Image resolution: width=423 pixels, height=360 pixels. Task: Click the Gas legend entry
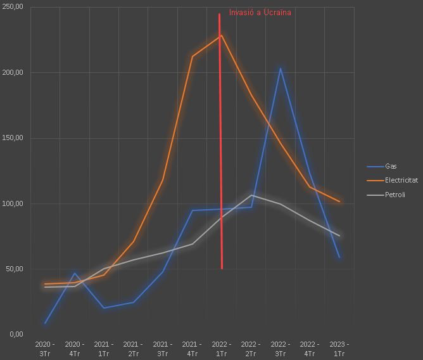pos(391,166)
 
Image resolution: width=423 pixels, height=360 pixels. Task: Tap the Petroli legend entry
pos(395,195)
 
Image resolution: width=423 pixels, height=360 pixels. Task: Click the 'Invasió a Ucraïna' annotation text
pos(260,12)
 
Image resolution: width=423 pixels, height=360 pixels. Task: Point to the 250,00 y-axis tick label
pos(13,7)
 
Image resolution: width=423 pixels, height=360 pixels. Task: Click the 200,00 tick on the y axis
pos(13,72)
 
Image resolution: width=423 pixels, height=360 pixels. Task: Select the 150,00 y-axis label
pos(13,138)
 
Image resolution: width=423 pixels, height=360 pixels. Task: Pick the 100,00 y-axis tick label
pos(13,203)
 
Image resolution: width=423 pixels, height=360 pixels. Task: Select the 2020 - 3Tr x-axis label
pos(45,349)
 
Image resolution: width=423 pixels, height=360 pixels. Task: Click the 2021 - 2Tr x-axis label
pos(133,349)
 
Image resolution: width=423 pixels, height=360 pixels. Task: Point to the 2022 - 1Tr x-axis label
pos(222,349)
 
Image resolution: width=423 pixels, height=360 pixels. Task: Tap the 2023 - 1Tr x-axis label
pos(339,349)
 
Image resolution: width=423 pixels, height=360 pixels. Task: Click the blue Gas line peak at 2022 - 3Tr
pos(281,68)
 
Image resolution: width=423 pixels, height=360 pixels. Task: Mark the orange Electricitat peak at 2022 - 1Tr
pos(221,35)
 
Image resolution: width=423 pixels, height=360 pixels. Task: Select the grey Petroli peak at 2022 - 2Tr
pos(251,195)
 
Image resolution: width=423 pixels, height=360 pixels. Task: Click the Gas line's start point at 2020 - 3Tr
pos(45,323)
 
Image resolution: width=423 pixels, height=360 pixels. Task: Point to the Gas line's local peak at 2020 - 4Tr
pos(75,273)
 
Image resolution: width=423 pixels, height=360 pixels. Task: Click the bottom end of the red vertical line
pos(222,268)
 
